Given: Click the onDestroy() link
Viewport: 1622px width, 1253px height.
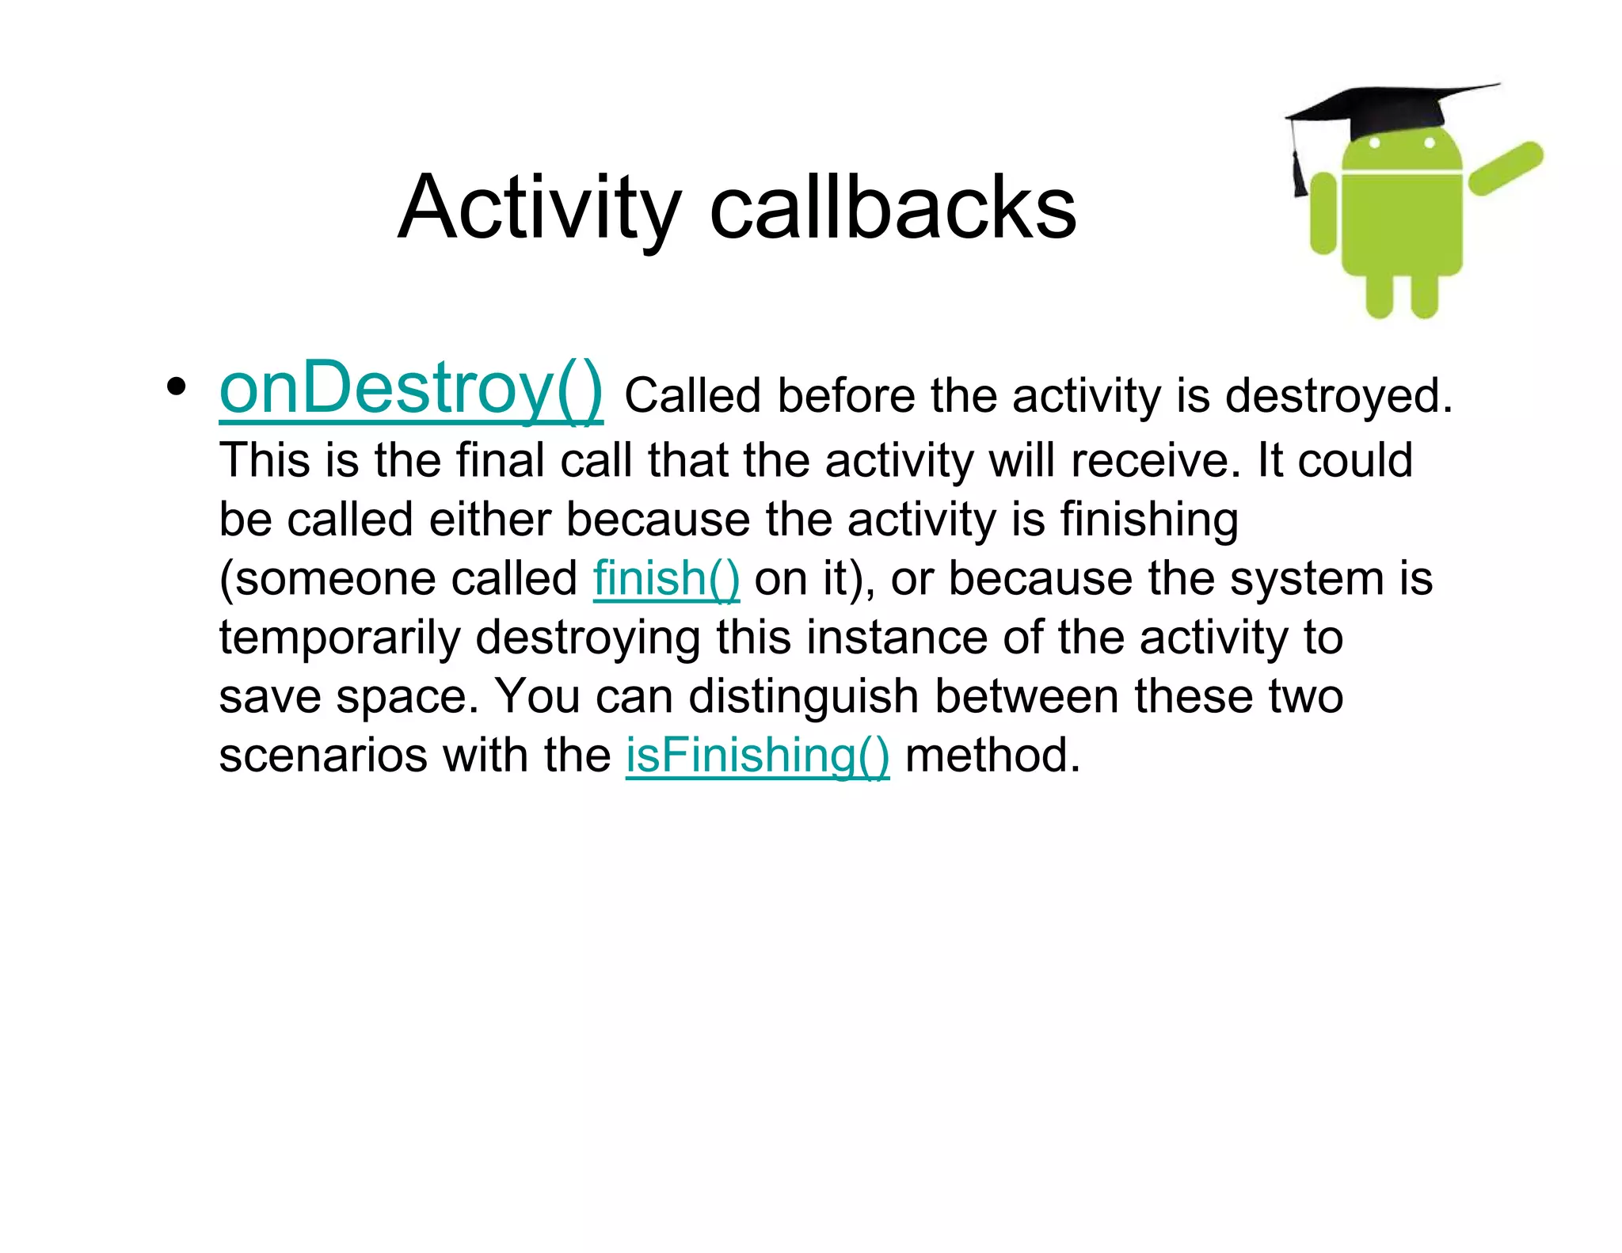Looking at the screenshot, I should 411,390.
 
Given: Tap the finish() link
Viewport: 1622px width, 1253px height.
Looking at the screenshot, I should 666,579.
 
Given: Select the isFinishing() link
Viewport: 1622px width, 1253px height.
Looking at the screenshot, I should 757,756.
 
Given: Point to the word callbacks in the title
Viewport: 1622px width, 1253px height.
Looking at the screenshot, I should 893,208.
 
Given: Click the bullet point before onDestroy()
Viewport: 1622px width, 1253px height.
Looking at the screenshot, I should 177,388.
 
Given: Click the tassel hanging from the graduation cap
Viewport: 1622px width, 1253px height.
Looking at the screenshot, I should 1299,170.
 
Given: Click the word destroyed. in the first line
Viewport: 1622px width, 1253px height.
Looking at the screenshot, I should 1339,396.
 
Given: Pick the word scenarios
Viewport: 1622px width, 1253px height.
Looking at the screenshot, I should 323,756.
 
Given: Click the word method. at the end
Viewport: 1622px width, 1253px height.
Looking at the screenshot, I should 992,756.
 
